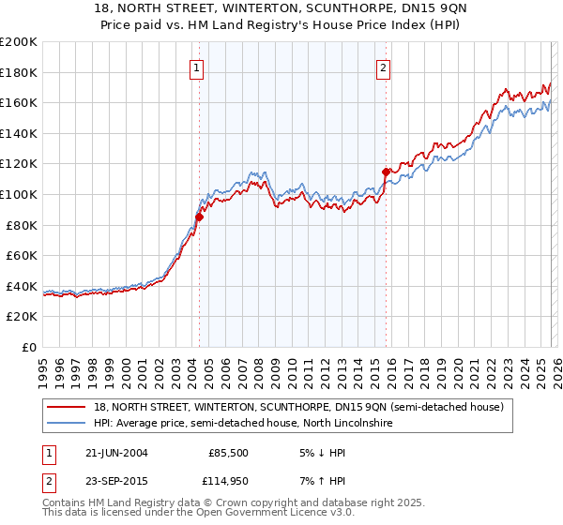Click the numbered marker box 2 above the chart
(x=385, y=67)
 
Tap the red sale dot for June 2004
(x=199, y=217)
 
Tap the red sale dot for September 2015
(x=386, y=172)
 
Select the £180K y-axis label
(x=19, y=72)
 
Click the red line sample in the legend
(x=68, y=407)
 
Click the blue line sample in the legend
(x=68, y=424)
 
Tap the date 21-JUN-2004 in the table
(x=116, y=452)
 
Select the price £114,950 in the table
(x=226, y=481)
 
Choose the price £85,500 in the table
(x=228, y=452)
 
